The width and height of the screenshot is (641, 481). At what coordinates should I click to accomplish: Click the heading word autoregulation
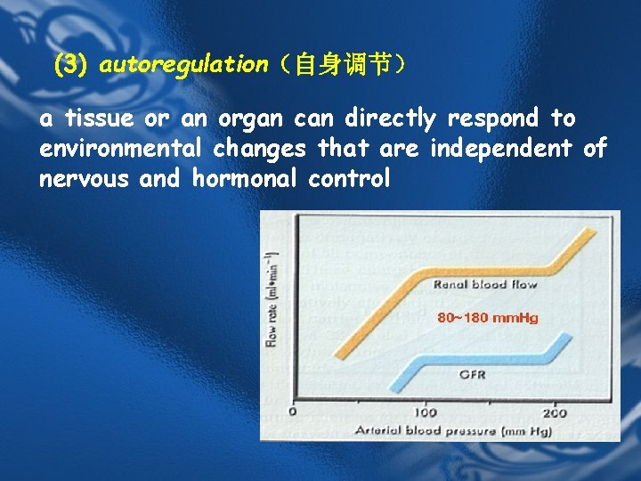[x=183, y=64]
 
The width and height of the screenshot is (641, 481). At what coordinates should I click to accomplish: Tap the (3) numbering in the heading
[x=69, y=64]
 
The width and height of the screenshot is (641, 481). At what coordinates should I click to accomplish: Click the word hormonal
[x=245, y=179]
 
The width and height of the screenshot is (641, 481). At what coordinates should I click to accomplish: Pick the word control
[x=349, y=179]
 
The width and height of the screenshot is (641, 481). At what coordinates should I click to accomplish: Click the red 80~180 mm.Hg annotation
[x=487, y=318]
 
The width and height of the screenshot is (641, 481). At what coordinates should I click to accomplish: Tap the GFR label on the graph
[x=472, y=374]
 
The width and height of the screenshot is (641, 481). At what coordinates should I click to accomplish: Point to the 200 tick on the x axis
[x=554, y=412]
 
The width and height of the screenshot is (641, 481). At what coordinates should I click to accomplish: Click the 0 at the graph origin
[x=294, y=412]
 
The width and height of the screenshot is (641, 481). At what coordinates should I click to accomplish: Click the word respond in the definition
[x=494, y=118]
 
